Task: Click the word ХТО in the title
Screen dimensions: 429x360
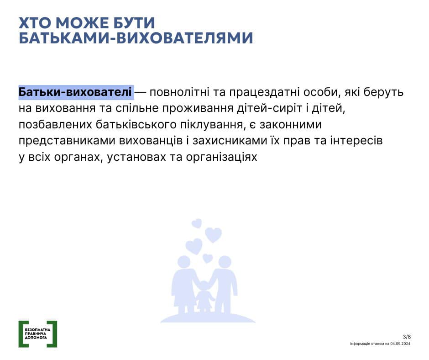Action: point(35,23)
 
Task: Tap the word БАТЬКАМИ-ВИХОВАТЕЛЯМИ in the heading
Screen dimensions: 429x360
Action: point(136,38)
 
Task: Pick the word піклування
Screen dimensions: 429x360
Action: point(211,125)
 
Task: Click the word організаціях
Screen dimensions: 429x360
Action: point(222,157)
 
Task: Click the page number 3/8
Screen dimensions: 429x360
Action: point(407,337)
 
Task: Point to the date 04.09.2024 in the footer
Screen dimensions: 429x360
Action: point(400,344)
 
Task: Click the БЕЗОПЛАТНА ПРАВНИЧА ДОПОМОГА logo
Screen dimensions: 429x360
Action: point(38,334)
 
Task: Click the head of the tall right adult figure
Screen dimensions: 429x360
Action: point(225,262)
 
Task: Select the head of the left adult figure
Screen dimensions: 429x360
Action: point(184,262)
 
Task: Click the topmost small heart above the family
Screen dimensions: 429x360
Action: point(197,223)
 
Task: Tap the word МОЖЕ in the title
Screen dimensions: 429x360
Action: point(82,23)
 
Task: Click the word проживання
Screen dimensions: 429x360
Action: point(198,108)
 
